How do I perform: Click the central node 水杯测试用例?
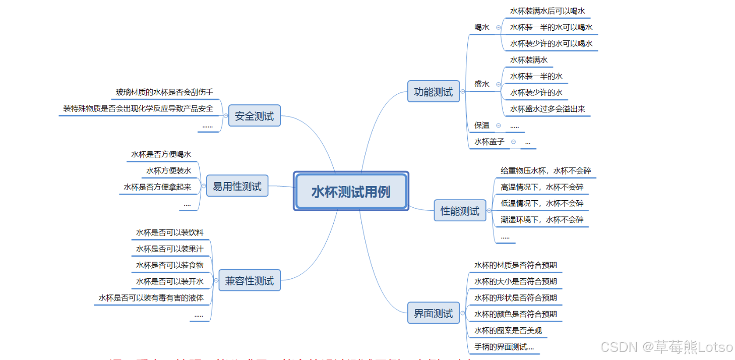[350, 192]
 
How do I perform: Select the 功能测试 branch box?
[433, 92]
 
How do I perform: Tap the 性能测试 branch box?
[460, 211]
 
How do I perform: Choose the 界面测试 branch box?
[433, 313]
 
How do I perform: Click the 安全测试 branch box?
[254, 116]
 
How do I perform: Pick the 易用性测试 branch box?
[237, 187]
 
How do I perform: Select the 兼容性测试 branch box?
[249, 280]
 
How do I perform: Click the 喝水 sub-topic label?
[481, 27]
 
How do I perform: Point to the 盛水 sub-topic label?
[481, 84]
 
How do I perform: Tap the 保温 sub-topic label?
[481, 125]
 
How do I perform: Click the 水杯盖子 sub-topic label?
[489, 142]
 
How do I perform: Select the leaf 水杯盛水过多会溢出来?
[547, 109]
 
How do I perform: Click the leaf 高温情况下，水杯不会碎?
[542, 187]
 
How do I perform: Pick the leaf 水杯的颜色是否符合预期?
[515, 314]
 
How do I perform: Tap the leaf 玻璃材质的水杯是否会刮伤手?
[164, 92]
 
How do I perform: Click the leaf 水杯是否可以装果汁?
[169, 249]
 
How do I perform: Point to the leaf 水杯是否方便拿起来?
[157, 187]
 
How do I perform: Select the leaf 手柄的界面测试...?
[504, 347]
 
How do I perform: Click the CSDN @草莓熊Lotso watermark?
[666, 347]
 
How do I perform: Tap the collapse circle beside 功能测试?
[463, 92]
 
